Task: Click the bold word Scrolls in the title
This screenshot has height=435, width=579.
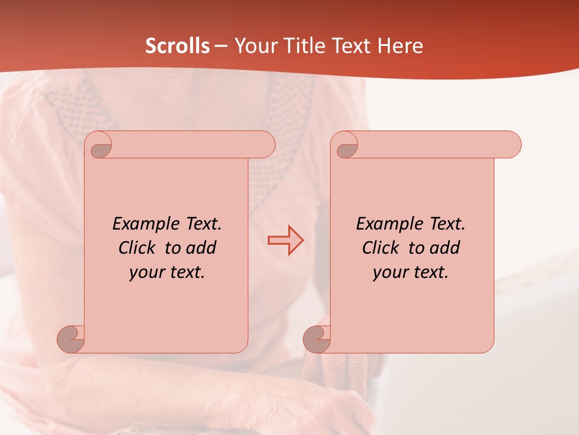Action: coord(178,46)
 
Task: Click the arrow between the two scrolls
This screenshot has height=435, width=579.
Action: coord(286,240)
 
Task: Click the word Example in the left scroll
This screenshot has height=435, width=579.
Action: coord(143,224)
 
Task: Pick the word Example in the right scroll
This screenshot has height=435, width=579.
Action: coord(387,224)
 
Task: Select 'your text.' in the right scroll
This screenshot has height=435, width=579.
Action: coord(411,272)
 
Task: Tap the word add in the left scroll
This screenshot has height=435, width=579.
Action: coord(201,248)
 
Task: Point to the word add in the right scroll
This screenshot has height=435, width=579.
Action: coord(445,248)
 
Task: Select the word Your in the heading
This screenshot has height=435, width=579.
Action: coord(252,46)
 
